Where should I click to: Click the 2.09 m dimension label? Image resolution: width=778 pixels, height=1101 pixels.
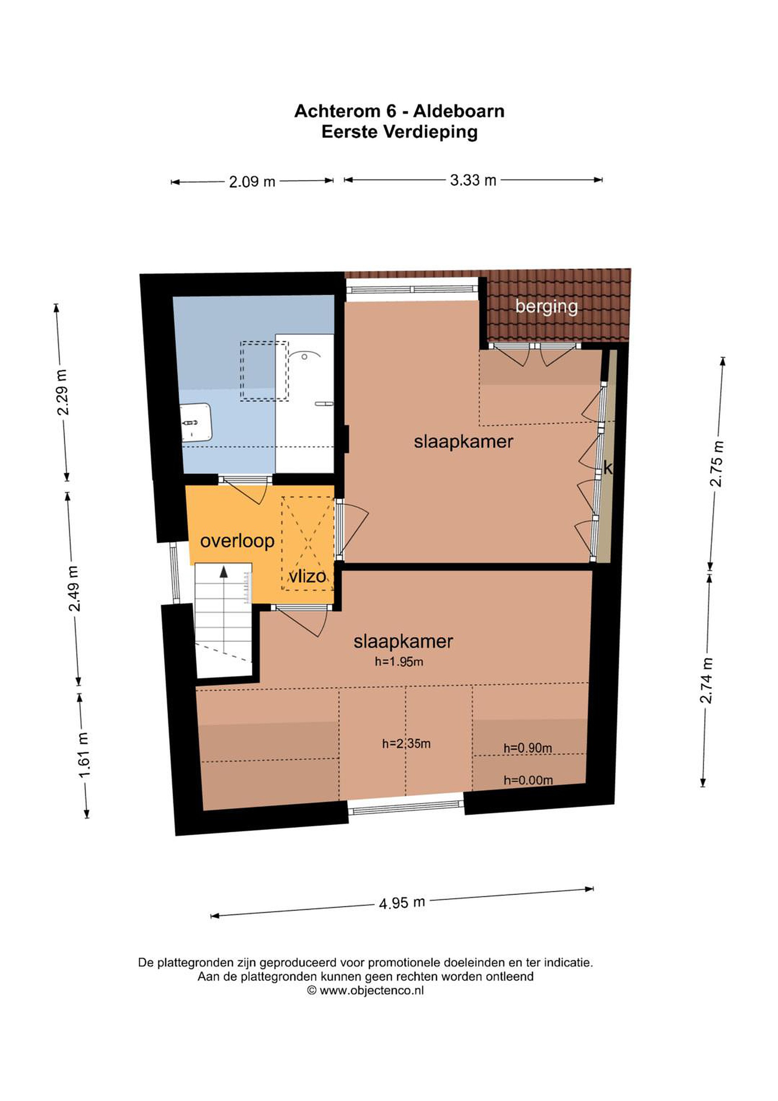point(252,182)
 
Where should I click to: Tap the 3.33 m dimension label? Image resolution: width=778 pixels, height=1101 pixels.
point(473,180)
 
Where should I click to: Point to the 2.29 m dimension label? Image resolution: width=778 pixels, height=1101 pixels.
point(62,392)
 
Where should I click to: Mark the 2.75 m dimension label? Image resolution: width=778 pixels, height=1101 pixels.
point(716,464)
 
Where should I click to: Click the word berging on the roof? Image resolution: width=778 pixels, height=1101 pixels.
point(546,307)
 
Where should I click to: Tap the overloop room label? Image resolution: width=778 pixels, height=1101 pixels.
point(237,541)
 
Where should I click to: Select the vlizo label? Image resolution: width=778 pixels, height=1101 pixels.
point(307,576)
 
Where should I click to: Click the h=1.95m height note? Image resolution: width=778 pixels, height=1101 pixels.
point(399,662)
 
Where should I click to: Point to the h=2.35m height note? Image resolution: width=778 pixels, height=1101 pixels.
point(406,744)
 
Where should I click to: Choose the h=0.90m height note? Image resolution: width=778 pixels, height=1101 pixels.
point(527,748)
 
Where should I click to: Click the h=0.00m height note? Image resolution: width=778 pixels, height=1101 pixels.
point(528,780)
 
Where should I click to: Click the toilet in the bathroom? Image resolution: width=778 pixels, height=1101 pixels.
point(196,422)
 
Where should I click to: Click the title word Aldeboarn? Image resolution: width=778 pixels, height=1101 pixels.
point(459,111)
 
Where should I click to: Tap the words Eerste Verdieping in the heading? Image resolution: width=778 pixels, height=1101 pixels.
point(399,132)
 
